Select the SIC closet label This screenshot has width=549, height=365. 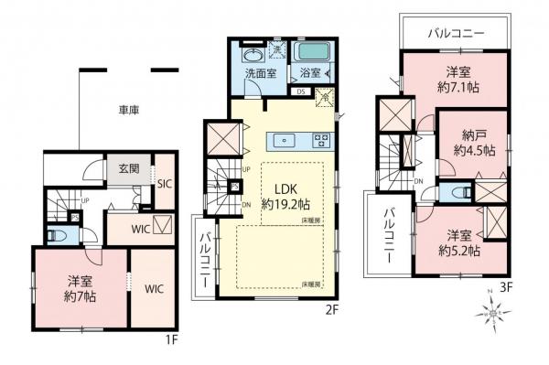pyautogui.click(x=164, y=183)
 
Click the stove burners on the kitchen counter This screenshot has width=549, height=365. pyautogui.click(x=322, y=141)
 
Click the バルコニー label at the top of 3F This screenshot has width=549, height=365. pyautogui.click(x=456, y=33)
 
